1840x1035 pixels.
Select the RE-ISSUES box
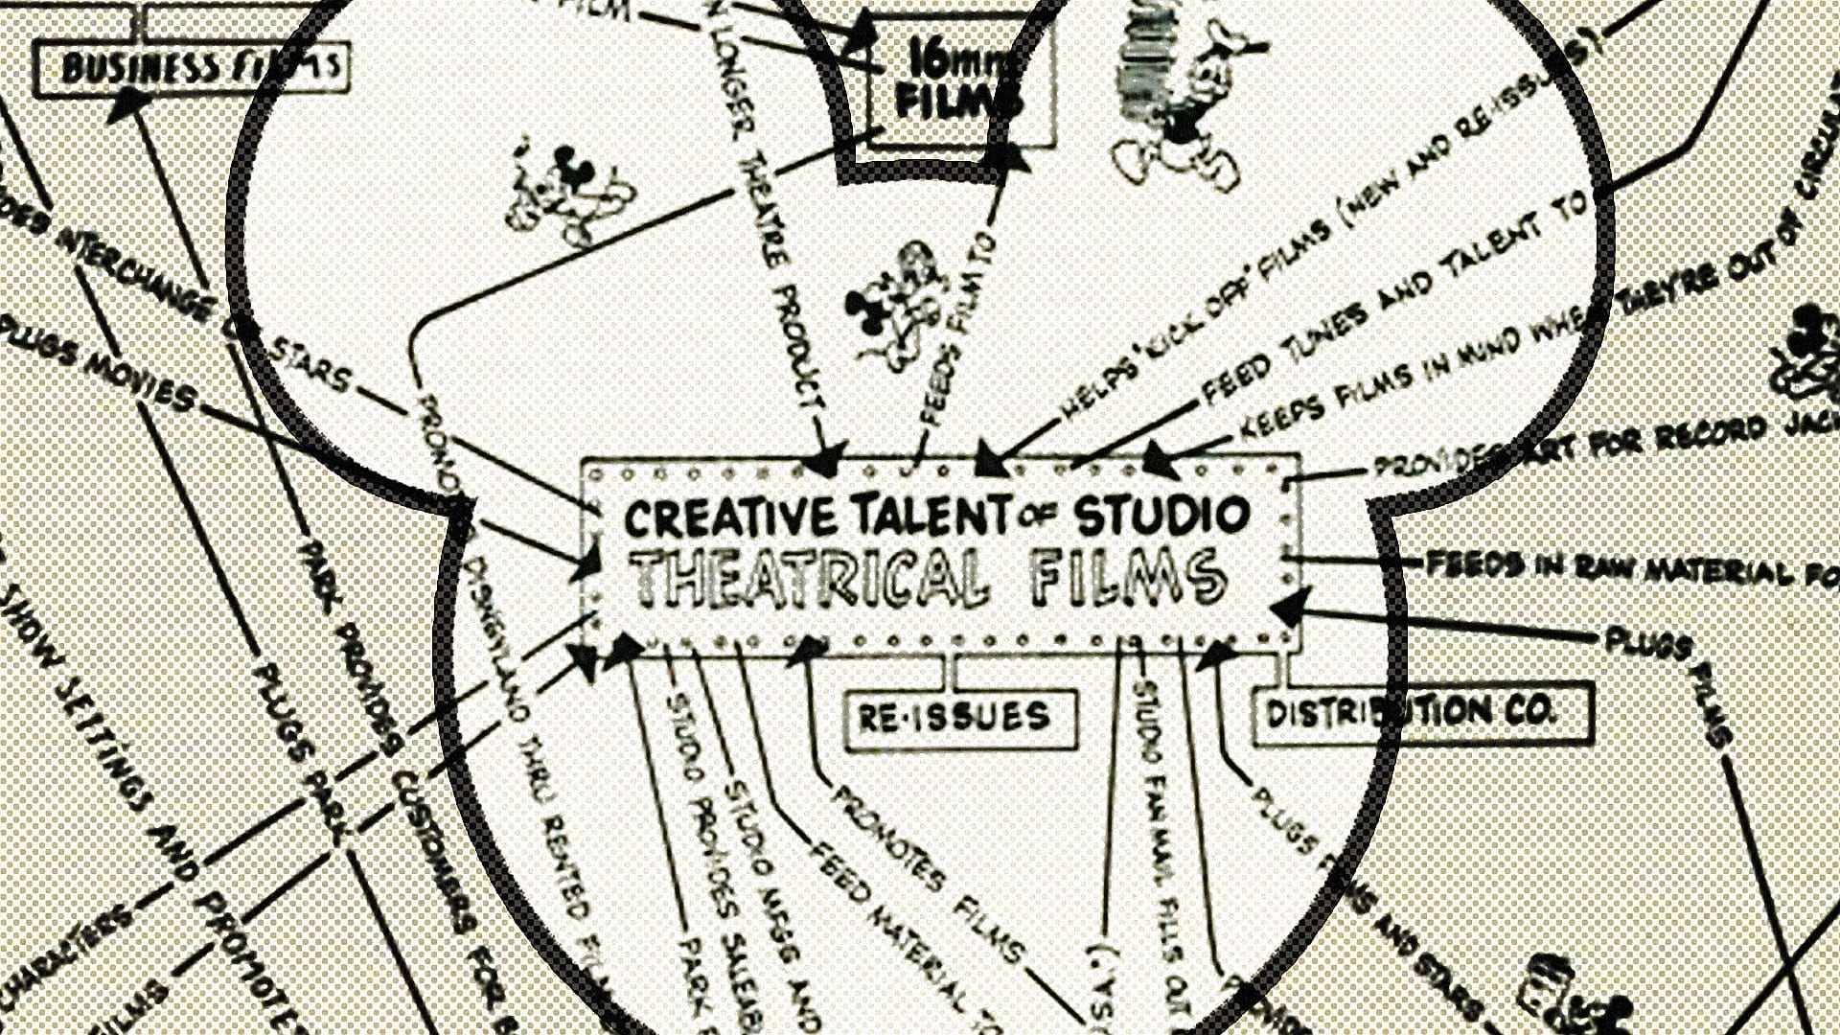959,718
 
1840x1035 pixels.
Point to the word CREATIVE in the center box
729,517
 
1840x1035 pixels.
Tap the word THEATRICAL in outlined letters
810,579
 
